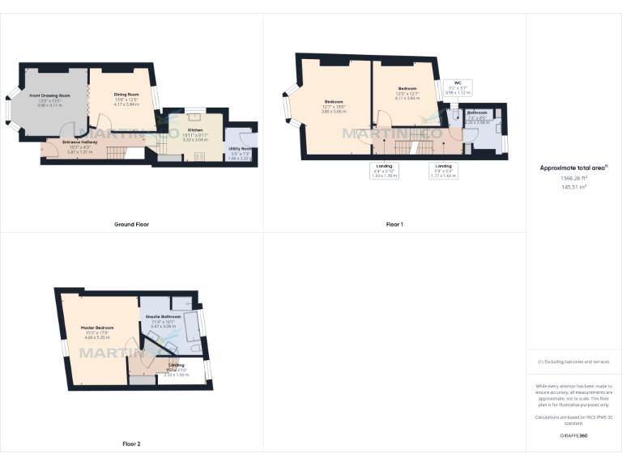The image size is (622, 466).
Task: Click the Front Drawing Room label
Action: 50,95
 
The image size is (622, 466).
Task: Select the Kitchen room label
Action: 195,130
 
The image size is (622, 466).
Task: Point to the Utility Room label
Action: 240,149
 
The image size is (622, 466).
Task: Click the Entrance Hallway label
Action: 83,142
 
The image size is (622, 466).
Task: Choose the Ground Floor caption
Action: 131,224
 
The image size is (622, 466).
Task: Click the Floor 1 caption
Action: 394,224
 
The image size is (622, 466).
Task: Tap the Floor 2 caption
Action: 131,443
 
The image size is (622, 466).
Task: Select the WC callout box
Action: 458,87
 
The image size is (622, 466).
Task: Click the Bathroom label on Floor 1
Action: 476,112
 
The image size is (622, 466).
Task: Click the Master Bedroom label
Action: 97,328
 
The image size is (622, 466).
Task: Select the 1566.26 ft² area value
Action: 573,178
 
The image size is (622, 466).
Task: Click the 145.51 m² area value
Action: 573,187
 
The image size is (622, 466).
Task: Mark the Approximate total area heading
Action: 573,168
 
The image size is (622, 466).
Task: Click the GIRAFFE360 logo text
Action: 573,435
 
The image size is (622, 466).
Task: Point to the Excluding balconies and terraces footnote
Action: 573,362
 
